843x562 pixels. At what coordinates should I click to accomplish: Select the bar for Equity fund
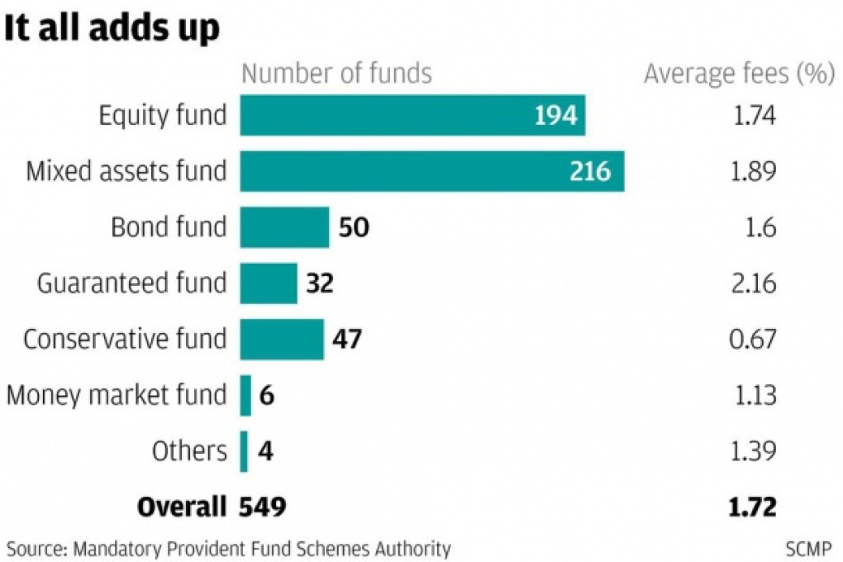click(x=412, y=115)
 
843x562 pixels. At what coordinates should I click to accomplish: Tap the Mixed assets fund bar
click(x=431, y=171)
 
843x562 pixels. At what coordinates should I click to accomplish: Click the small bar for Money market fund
click(x=245, y=395)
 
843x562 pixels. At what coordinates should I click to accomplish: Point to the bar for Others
click(x=244, y=451)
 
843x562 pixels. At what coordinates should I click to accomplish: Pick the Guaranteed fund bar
click(x=269, y=283)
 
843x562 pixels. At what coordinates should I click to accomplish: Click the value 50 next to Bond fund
click(x=354, y=227)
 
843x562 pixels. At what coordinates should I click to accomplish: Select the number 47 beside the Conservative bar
click(x=346, y=340)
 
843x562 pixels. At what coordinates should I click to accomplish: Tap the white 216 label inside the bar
click(x=590, y=171)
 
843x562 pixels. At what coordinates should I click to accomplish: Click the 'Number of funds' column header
click(x=336, y=74)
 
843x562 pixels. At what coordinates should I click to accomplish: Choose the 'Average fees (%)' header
click(x=738, y=74)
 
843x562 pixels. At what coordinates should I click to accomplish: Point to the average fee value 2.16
click(x=755, y=283)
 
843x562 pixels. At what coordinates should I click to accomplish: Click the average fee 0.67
click(x=755, y=340)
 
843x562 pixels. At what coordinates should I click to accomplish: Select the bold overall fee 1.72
click(x=755, y=507)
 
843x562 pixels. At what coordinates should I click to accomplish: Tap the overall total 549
click(x=263, y=507)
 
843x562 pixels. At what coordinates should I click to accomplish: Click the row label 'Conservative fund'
click(x=125, y=340)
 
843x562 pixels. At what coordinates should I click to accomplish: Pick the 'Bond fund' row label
click(x=169, y=227)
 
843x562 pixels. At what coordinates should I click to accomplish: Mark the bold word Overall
click(x=182, y=507)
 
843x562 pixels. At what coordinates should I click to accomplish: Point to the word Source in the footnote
click(x=34, y=548)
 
